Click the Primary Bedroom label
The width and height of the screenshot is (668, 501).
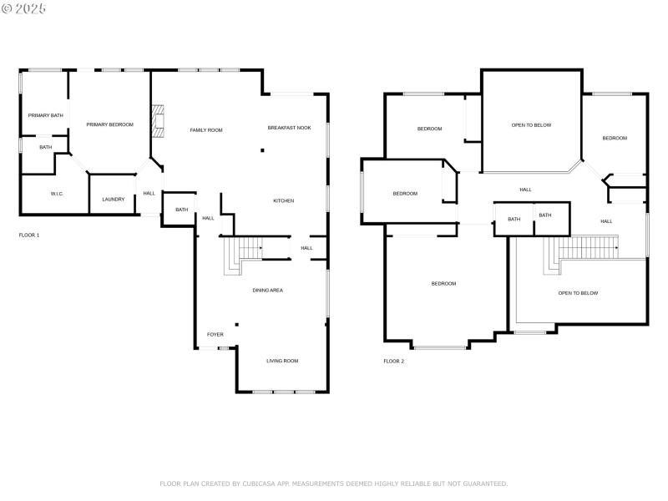click(x=109, y=124)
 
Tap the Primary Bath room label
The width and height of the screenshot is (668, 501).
click(x=45, y=115)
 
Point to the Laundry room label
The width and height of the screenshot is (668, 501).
click(x=113, y=199)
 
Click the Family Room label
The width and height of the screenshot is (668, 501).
click(x=205, y=130)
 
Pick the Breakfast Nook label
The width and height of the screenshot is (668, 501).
click(x=289, y=128)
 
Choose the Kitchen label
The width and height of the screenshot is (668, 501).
click(x=283, y=200)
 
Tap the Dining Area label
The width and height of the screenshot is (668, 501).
click(x=268, y=290)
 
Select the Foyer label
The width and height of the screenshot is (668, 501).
click(x=215, y=334)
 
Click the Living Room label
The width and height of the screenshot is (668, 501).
click(x=282, y=361)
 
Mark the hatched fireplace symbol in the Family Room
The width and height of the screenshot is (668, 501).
click(x=158, y=120)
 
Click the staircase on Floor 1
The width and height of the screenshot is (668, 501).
click(x=242, y=253)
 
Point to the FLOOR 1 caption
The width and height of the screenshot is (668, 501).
click(x=29, y=235)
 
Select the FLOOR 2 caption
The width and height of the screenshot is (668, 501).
click(x=393, y=362)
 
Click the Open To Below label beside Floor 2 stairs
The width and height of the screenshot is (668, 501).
click(x=578, y=293)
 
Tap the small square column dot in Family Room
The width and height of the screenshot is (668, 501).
click(x=262, y=151)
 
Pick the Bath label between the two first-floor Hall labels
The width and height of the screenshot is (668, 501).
click(x=181, y=210)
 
